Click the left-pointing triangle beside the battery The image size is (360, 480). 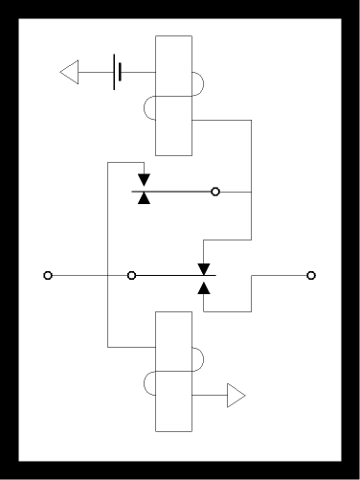pyautogui.click(x=70, y=72)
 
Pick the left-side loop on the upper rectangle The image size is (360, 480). pyautogui.click(x=148, y=109)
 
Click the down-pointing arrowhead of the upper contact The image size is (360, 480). pyautogui.click(x=144, y=180)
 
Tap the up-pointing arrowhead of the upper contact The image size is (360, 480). pyautogui.click(x=144, y=197)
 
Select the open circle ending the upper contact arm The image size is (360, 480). pyautogui.click(x=215, y=192)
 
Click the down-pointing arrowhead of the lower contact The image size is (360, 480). pyautogui.click(x=204, y=267)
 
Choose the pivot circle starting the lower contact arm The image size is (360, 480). pyautogui.click(x=132, y=276)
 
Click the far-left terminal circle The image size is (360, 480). pyautogui.click(x=48, y=276)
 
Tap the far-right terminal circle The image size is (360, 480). pyautogui.click(x=311, y=276)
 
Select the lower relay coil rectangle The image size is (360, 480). pyautogui.click(x=173, y=331)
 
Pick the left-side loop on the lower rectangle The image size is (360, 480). pyautogui.click(x=148, y=383)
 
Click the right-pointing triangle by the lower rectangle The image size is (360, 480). pyautogui.click(x=236, y=395)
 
